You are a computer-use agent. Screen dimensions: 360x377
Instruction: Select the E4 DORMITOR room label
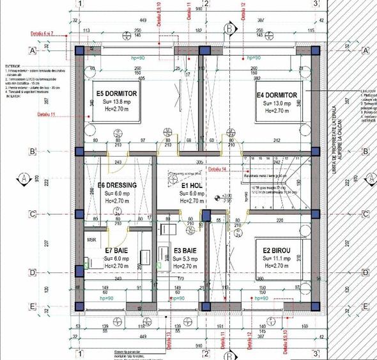pos(276,95)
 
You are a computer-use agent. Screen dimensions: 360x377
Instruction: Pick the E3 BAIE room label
pos(186,251)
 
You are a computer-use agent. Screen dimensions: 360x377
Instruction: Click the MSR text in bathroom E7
pos(92,240)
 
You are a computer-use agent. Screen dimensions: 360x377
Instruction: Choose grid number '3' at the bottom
pos(315,353)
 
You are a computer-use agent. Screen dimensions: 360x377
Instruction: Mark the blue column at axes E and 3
pos(315,307)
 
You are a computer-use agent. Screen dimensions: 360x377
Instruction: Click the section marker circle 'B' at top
pos(229,28)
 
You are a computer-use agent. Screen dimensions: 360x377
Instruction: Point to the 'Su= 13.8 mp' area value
pos(116,102)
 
